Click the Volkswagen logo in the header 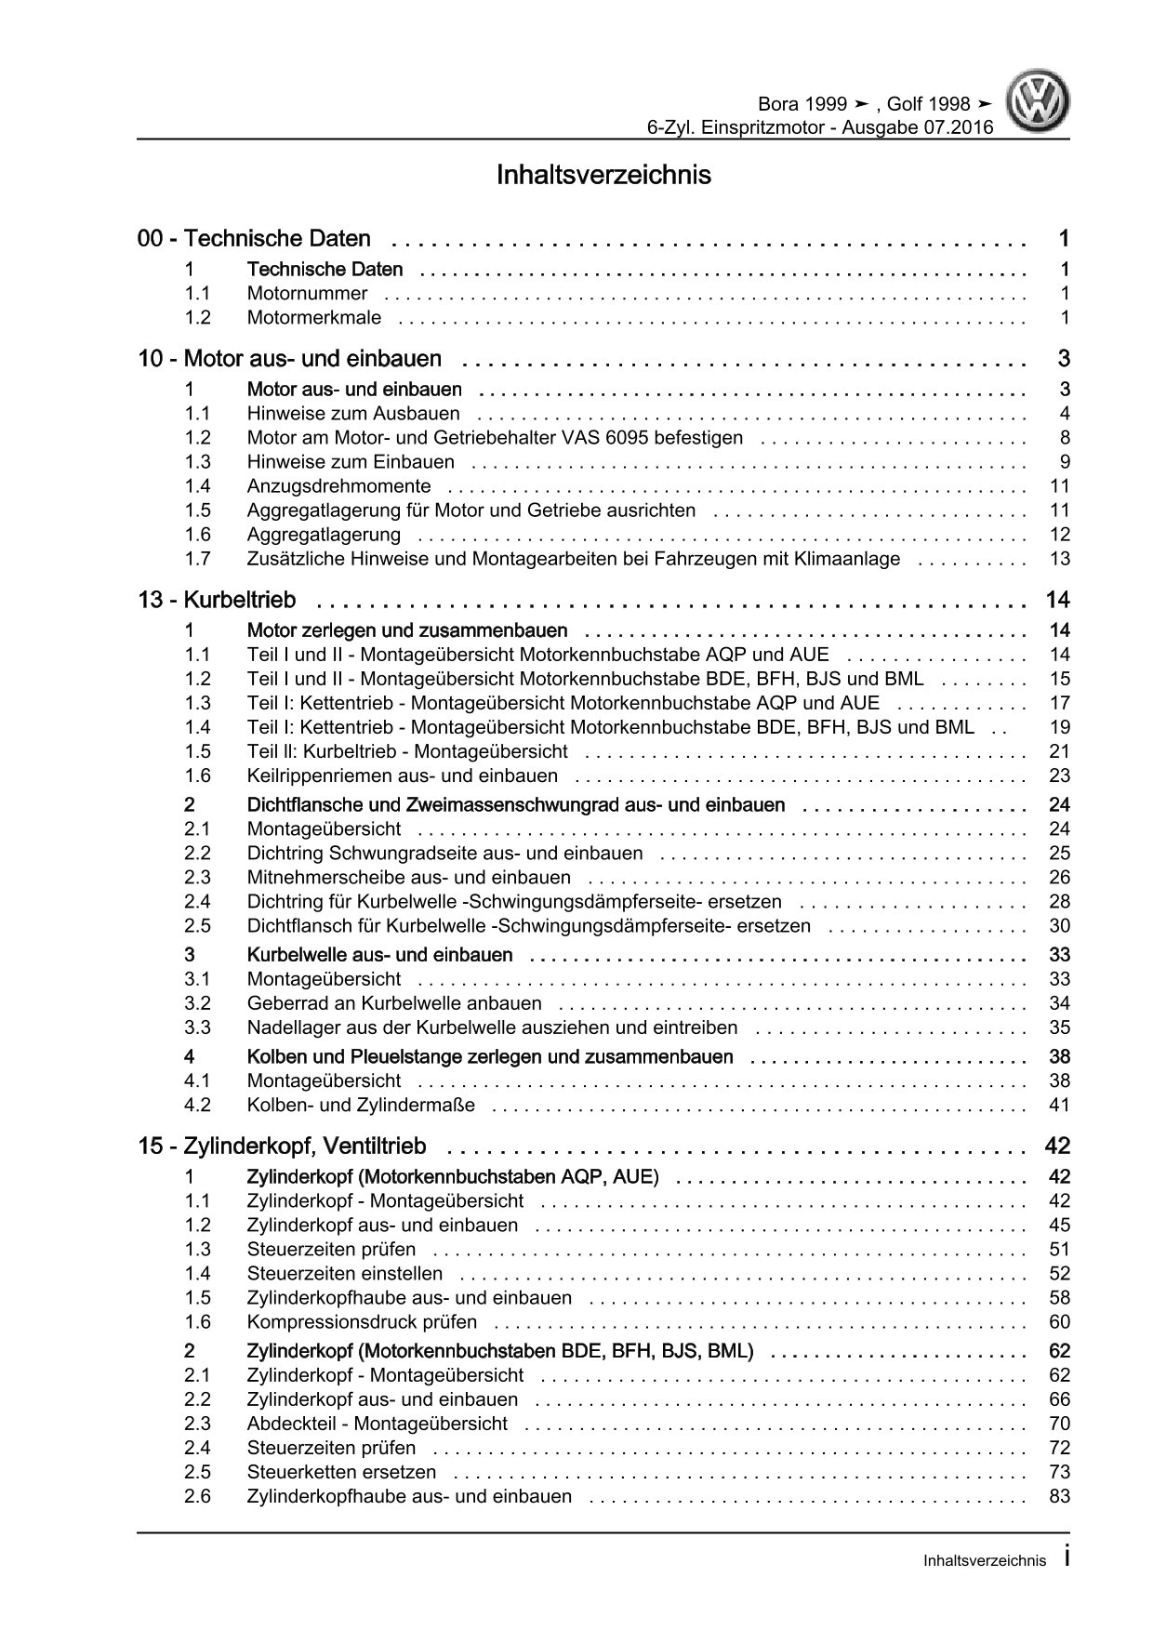tap(1040, 105)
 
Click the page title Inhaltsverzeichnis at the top tap(603, 175)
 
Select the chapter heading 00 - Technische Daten tap(254, 239)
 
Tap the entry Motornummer tap(307, 294)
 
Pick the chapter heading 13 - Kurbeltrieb tap(217, 600)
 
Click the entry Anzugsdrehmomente tap(338, 486)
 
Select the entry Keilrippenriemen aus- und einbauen tap(402, 775)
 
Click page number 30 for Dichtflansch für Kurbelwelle tap(1059, 926)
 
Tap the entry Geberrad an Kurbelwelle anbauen tap(394, 1003)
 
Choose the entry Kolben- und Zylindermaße tap(361, 1106)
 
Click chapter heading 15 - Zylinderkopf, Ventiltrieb tap(282, 1146)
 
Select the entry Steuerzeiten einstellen tap(344, 1274)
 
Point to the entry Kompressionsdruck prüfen tap(362, 1322)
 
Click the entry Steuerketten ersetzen tap(341, 1472)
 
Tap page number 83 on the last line tap(1059, 1496)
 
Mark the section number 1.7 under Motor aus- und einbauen tap(197, 559)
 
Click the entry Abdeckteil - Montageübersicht tap(377, 1424)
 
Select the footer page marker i tap(1067, 1559)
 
